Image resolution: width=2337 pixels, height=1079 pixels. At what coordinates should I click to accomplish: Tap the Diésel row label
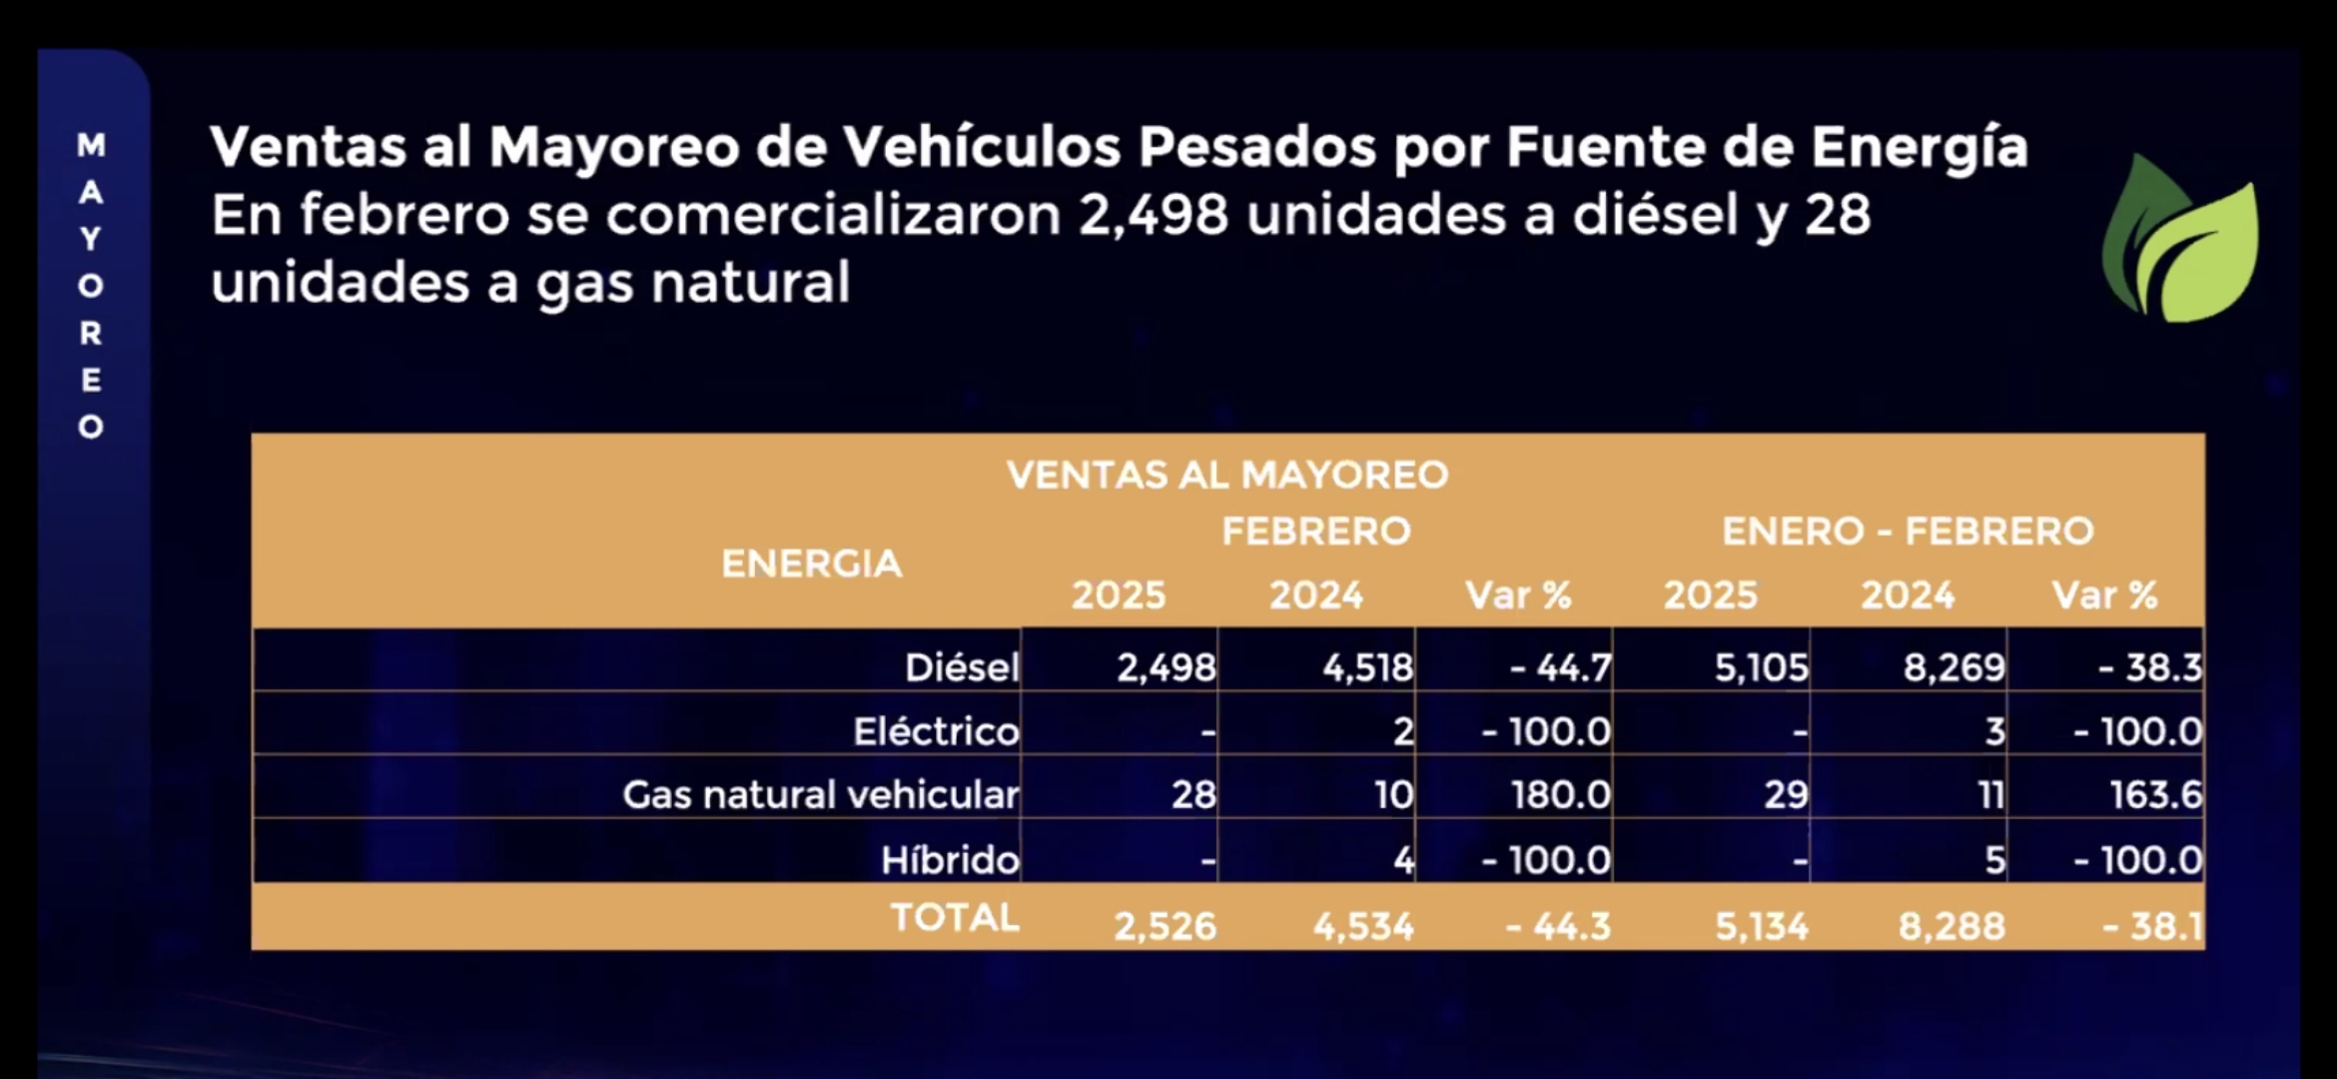(962, 667)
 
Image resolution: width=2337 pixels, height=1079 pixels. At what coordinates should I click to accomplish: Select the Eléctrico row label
(936, 731)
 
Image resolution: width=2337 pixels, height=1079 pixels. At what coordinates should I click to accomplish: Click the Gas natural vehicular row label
(820, 795)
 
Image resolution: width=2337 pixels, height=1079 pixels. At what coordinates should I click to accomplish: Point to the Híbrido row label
(950, 859)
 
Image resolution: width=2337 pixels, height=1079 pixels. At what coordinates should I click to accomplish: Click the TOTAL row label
(955, 917)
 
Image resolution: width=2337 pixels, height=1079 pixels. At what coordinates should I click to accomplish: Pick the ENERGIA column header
(811, 564)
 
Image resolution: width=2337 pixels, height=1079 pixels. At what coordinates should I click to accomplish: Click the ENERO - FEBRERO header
(1908, 532)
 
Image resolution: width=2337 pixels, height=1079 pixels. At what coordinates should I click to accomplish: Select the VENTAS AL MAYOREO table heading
(1227, 475)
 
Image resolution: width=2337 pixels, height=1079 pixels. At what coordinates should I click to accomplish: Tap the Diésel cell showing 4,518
(1367, 667)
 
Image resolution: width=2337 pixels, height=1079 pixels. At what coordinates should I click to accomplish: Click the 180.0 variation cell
(1560, 795)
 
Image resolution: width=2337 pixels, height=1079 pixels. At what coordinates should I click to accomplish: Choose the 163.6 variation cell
(2155, 795)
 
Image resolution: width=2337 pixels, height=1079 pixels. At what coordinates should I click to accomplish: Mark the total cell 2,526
(1165, 926)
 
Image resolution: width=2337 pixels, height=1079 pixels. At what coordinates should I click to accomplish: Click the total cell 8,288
(1951, 926)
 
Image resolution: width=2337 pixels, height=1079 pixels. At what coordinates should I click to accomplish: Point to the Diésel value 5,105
(1761, 667)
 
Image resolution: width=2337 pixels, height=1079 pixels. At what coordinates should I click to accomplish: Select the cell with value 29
(1786, 795)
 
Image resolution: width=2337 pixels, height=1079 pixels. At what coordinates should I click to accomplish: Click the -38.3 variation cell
(2149, 667)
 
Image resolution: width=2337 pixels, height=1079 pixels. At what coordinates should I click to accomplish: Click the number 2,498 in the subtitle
(1153, 216)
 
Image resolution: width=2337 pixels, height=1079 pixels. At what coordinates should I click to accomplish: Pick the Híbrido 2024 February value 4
(1403, 859)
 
